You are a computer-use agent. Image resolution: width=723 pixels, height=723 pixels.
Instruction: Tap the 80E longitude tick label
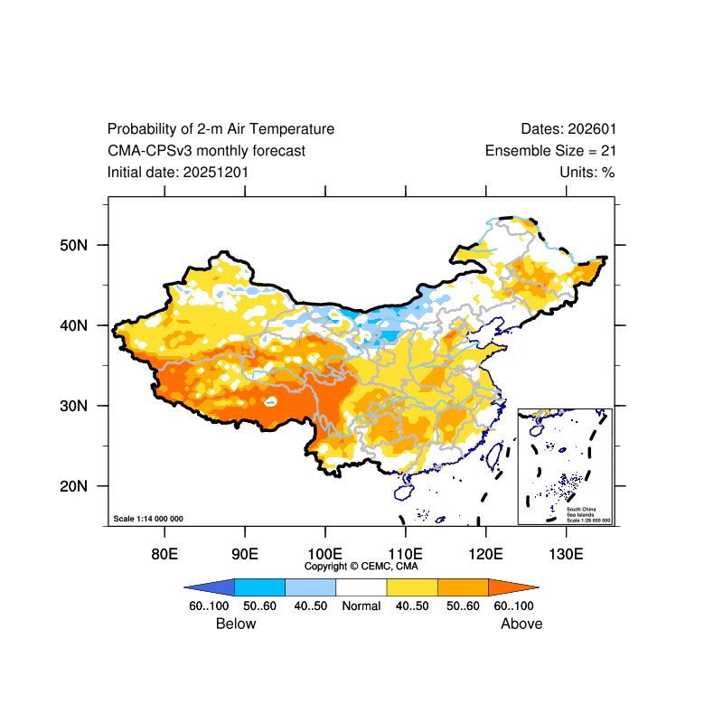click(x=164, y=553)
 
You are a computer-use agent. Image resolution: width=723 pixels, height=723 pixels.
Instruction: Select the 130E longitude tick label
click(x=566, y=553)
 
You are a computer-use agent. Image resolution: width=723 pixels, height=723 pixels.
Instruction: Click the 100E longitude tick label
click(x=324, y=553)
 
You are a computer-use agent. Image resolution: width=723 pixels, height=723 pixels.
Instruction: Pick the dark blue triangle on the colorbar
click(x=210, y=587)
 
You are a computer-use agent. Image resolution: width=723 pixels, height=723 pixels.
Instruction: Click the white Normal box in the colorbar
click(x=361, y=587)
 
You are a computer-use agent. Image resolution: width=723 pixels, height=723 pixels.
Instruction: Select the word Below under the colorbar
click(x=236, y=624)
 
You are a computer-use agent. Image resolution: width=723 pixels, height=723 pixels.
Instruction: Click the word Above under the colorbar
click(x=521, y=624)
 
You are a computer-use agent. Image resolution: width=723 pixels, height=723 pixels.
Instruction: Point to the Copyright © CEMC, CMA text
click(x=361, y=567)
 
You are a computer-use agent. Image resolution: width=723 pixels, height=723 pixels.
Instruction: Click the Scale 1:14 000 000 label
click(x=148, y=519)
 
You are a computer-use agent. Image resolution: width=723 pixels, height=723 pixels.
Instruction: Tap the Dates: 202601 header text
click(x=568, y=129)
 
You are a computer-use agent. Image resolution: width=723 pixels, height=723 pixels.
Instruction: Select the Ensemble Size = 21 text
click(x=550, y=151)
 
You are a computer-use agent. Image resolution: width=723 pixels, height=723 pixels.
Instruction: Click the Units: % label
click(x=587, y=173)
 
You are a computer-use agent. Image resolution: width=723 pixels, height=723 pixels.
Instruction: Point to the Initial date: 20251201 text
click(x=178, y=173)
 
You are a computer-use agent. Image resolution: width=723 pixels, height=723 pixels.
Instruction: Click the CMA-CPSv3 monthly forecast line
click(x=206, y=151)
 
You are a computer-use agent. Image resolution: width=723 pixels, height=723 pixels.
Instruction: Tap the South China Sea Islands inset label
click(x=588, y=514)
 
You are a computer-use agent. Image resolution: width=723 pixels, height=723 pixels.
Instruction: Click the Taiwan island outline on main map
click(x=493, y=455)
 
